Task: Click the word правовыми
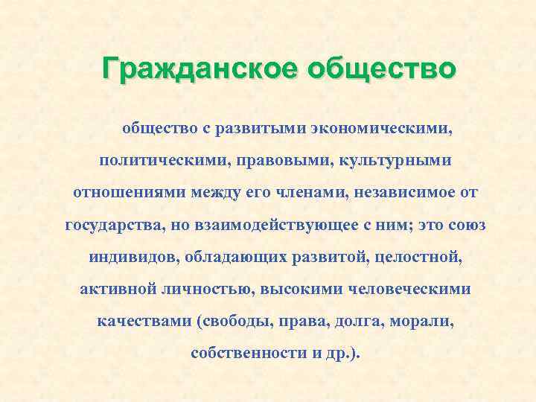click(x=271, y=160)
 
